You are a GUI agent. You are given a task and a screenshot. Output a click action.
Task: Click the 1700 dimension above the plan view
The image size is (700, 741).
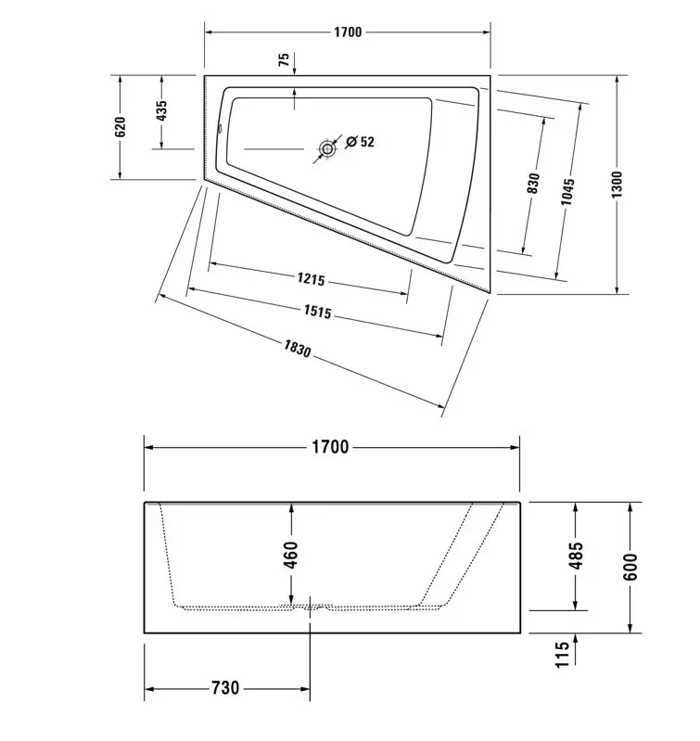[348, 32]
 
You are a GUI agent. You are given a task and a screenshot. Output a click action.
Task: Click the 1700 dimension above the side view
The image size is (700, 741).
[331, 447]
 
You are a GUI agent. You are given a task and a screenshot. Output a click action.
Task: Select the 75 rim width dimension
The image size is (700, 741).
[284, 59]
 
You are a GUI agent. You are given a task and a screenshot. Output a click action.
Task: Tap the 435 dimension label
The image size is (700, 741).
[161, 110]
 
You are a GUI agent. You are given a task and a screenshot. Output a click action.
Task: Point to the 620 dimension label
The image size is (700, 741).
[121, 127]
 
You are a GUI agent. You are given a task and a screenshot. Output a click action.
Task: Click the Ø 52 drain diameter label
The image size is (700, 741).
[360, 141]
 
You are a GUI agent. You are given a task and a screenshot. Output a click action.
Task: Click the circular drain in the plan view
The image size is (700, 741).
[327, 149]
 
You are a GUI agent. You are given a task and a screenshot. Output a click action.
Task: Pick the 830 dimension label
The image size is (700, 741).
[533, 184]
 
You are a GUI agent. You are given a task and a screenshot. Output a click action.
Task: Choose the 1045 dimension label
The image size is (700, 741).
[567, 191]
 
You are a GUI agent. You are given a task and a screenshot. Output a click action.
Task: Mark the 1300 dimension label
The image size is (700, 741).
[617, 185]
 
